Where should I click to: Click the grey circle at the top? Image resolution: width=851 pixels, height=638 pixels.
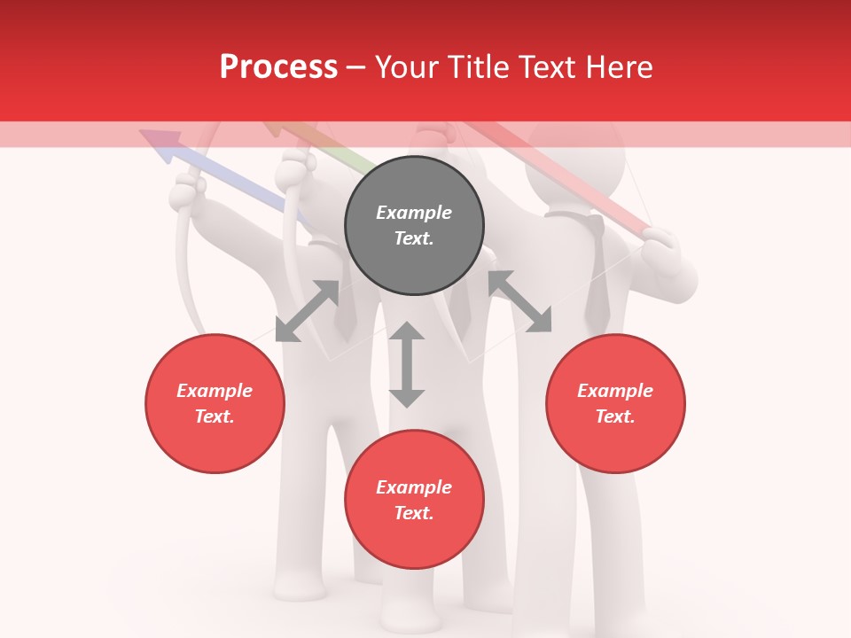tap(414, 226)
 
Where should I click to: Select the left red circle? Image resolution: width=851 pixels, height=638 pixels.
tap(215, 403)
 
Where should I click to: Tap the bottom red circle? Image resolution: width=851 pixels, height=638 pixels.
tap(414, 500)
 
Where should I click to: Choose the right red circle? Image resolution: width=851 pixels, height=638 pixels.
tap(615, 403)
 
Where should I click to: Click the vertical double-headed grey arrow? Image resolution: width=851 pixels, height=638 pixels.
tap(407, 364)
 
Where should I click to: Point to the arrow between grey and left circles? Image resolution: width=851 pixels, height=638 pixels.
tap(307, 311)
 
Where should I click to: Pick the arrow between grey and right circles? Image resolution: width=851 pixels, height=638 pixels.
tap(519, 301)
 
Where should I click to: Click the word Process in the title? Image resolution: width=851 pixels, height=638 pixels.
tap(278, 66)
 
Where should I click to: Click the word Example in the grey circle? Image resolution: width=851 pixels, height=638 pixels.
tap(414, 213)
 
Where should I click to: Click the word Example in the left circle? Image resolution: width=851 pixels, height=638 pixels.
tap(215, 391)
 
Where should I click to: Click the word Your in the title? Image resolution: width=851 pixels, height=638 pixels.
tap(406, 66)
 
